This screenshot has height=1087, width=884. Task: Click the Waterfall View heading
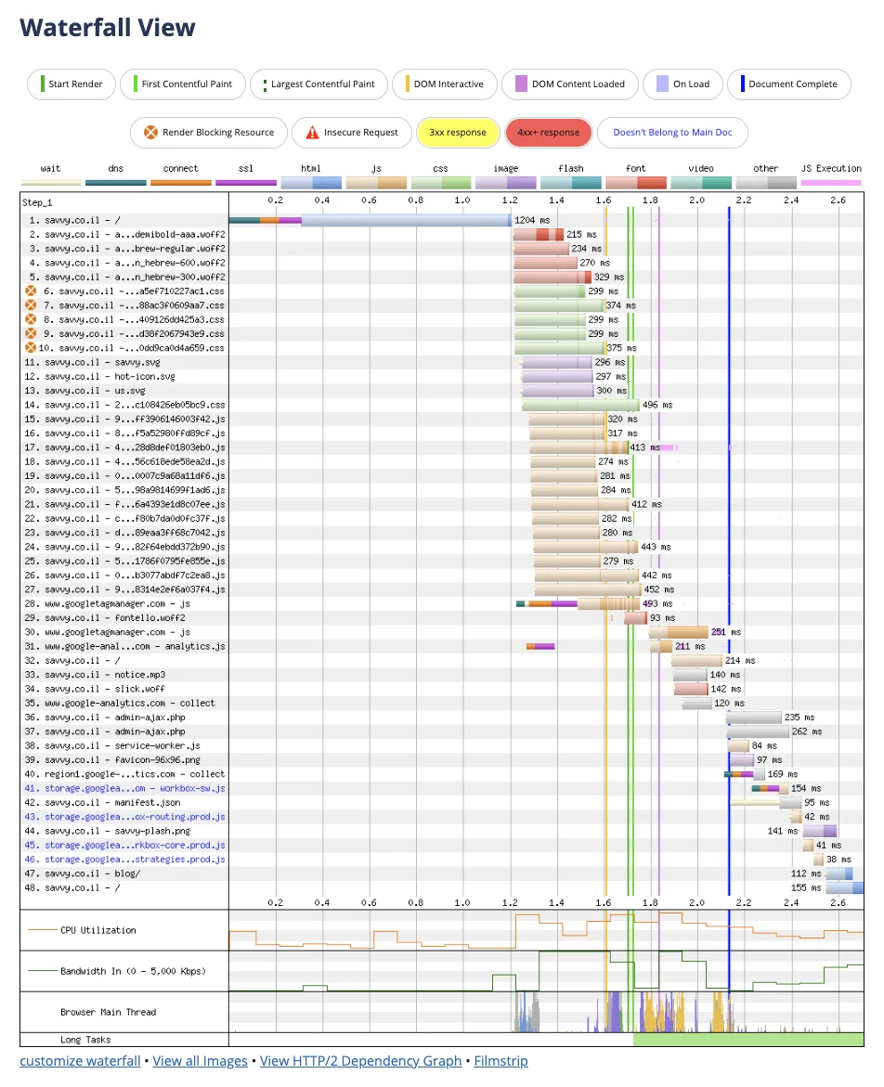(108, 28)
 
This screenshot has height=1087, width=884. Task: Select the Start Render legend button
(71, 84)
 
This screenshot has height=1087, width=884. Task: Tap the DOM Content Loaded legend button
(570, 84)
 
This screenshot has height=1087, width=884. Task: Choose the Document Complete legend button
(788, 84)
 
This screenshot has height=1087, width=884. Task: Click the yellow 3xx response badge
(457, 132)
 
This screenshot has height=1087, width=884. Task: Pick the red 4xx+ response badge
(548, 132)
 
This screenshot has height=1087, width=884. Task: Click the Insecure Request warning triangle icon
(312, 133)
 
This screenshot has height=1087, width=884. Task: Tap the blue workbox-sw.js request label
(135, 788)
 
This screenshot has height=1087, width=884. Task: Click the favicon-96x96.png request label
(136, 759)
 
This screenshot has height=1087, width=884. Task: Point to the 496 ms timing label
(657, 405)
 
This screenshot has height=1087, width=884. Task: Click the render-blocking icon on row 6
(31, 291)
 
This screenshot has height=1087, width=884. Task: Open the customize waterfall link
(80, 1061)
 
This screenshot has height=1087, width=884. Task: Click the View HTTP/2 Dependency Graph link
(360, 1061)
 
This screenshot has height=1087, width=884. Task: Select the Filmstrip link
(500, 1061)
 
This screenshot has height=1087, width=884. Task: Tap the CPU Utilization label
(97, 930)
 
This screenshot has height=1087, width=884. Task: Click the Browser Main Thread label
(108, 1012)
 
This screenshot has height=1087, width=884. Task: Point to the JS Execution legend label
(831, 168)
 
